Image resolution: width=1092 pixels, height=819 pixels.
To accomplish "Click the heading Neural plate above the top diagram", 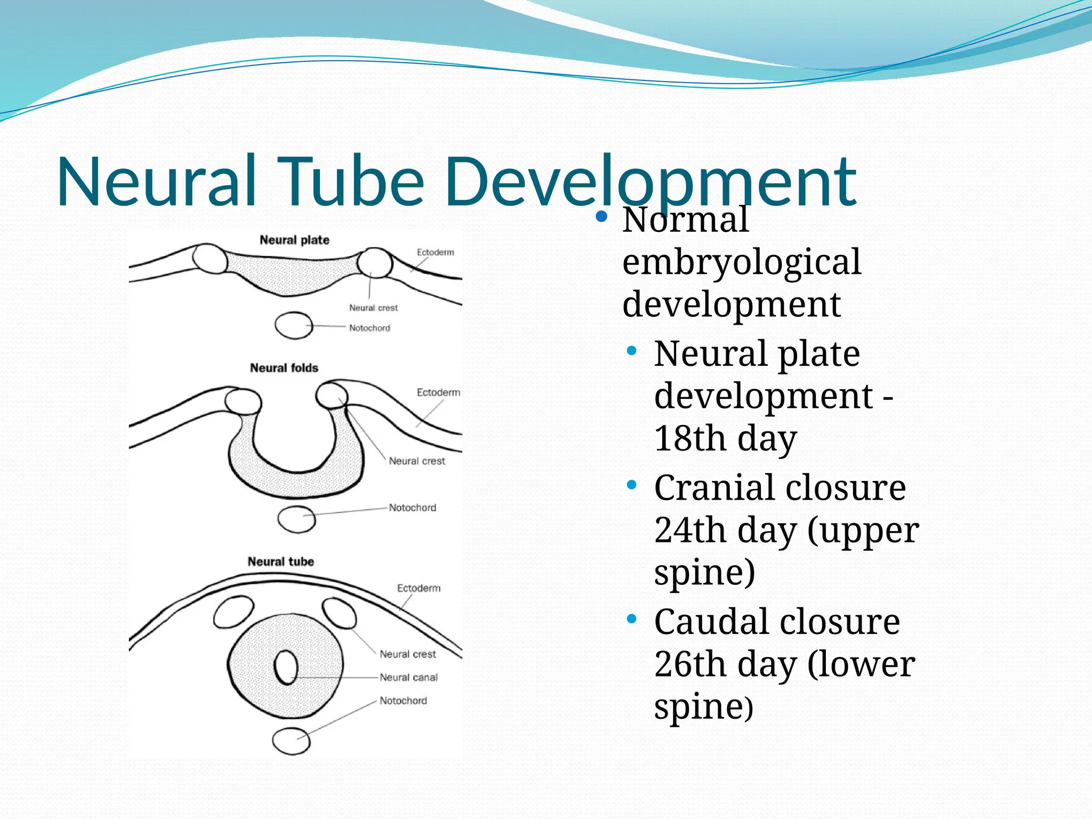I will pos(294,240).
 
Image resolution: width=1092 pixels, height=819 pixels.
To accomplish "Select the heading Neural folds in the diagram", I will pos(284,368).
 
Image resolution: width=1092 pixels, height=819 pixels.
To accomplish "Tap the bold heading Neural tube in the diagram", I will pos(280,561).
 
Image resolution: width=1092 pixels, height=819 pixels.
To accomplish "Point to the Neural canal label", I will pos(408,677).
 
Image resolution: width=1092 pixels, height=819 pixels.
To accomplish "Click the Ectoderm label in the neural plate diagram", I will pos(435,252).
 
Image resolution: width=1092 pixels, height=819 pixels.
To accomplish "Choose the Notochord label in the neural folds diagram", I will pos(412,508).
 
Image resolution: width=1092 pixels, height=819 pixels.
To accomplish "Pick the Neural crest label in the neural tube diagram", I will pos(407,654).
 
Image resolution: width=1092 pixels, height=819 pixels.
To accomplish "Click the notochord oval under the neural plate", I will pos(294,325).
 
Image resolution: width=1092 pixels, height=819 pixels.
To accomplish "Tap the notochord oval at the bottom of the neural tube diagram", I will pos(291,741).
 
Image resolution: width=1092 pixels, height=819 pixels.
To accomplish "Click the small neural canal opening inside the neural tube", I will pos(286,667).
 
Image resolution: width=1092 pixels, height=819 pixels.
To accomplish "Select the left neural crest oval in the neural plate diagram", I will pos(210,259).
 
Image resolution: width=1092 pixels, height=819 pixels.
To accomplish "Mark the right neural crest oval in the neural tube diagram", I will pos(339,613).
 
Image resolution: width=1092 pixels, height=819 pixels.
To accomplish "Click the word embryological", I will pos(741,262).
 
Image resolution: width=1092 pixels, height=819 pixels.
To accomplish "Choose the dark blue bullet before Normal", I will pos(601,216).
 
